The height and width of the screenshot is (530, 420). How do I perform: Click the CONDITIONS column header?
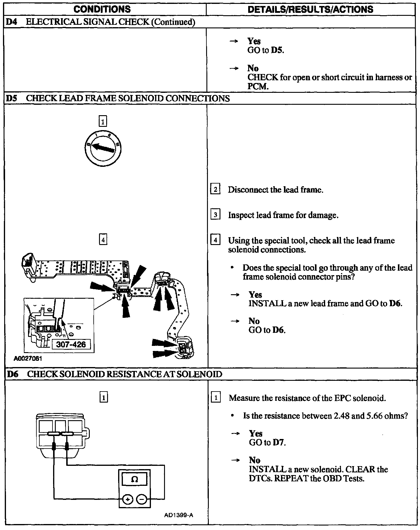pos(102,9)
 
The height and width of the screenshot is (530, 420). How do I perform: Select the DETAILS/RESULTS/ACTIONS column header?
pos(310,9)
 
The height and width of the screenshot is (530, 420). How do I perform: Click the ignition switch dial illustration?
pos(103,148)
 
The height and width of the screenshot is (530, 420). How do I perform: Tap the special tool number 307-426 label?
pos(71,344)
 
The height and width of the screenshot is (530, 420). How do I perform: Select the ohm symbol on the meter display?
pos(135,480)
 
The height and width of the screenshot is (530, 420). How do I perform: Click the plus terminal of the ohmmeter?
pos(127,499)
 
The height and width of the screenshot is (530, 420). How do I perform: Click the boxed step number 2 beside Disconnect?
pos(215,189)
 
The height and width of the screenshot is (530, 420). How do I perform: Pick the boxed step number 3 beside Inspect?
pos(215,215)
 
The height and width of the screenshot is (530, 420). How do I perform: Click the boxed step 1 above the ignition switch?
pos(103,121)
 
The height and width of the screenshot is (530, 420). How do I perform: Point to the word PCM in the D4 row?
pos(258,87)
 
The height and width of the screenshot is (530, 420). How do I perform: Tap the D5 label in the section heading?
pos(11,98)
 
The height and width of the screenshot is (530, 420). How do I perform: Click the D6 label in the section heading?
pos(12,374)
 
